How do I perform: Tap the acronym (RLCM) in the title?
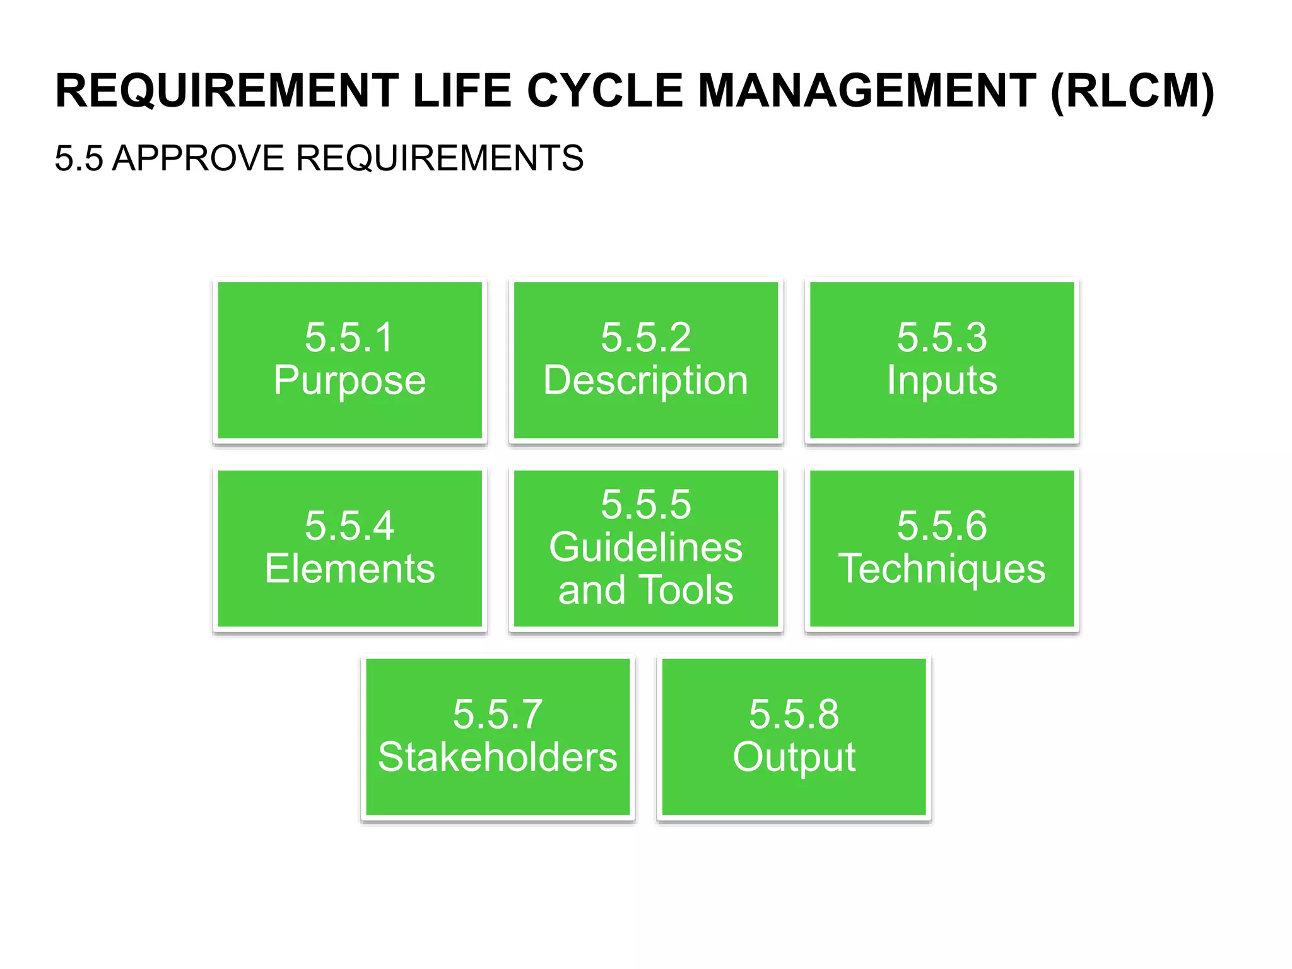point(1132,91)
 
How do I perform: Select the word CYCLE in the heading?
point(604,91)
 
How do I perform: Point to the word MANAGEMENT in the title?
point(867,91)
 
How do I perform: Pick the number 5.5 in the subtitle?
point(78,158)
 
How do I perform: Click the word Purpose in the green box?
point(349,380)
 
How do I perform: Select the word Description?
point(645,380)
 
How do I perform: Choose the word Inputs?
point(942,380)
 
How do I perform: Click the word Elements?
point(349,569)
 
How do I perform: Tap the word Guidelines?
point(645,547)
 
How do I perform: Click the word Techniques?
point(942,569)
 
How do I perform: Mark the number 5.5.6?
point(942,526)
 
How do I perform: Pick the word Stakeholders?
point(498,757)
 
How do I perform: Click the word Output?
point(794,757)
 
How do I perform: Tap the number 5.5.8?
point(794,714)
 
